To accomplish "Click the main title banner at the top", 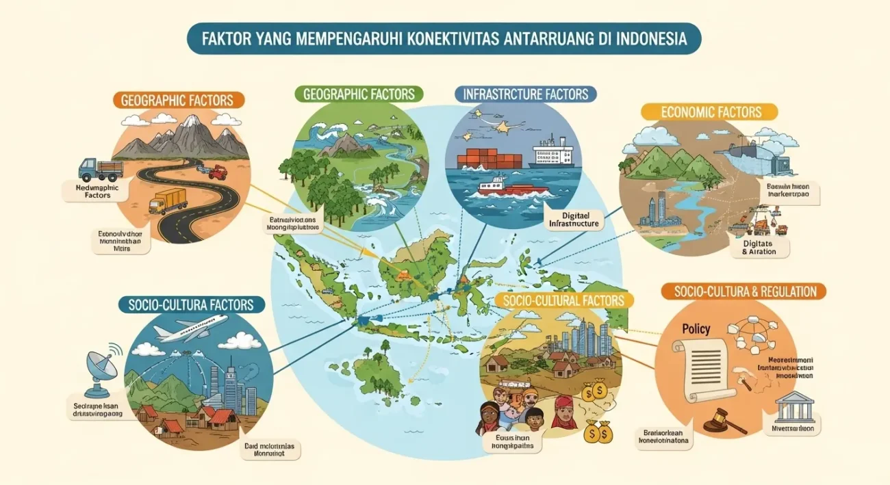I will (444, 38).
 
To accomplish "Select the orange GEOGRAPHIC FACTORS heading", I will (177, 100).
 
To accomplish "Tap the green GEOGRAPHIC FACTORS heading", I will (359, 94).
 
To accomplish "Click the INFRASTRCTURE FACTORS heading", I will (526, 94).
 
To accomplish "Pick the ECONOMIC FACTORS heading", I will (709, 112).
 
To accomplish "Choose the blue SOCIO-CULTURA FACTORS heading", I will (190, 304).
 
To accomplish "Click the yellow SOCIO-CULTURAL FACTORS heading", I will (563, 300).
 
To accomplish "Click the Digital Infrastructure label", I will (574, 218).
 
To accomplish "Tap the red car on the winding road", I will (217, 172).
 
